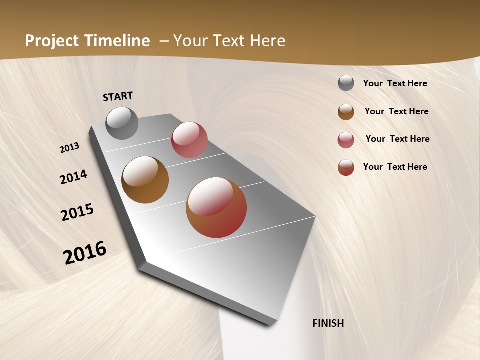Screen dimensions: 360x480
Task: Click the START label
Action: [x=118, y=96]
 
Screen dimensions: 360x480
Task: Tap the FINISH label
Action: [x=328, y=323]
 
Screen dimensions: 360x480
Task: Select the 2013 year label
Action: [x=69, y=148]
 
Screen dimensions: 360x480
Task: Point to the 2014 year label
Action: [x=73, y=177]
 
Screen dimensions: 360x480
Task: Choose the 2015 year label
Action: [x=77, y=212]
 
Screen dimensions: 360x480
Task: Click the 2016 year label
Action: [x=85, y=252]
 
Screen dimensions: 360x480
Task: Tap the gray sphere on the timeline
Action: [x=122, y=123]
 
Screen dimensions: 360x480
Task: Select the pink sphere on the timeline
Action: [x=189, y=140]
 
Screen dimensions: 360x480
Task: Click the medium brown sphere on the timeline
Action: [x=145, y=180]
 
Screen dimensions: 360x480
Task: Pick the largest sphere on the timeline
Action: [x=216, y=207]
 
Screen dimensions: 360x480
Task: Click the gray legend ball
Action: [x=346, y=83]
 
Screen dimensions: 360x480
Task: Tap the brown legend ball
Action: [x=346, y=112]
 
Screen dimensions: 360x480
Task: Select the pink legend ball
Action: [x=346, y=140]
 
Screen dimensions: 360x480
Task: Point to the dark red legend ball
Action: [x=346, y=167]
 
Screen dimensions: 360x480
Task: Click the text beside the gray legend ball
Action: [x=395, y=83]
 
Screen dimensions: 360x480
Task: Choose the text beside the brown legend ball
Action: [x=396, y=111]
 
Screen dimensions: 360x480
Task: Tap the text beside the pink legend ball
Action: [x=397, y=139]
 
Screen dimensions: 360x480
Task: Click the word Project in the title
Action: [x=52, y=41]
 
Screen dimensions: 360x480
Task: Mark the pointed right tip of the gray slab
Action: [x=315, y=217]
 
